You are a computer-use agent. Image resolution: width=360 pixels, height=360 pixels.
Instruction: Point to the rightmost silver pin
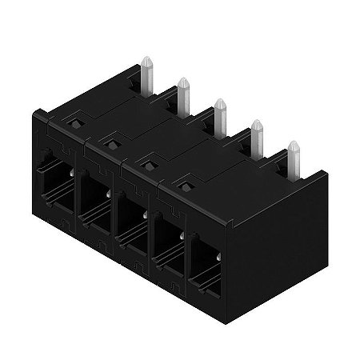[x=294, y=158]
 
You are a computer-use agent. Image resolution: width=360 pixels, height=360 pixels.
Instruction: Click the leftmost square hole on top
[x=73, y=124]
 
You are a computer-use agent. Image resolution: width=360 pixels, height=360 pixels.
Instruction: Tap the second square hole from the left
[x=110, y=145]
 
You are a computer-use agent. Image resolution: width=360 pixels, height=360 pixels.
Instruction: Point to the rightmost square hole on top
[x=185, y=187]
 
